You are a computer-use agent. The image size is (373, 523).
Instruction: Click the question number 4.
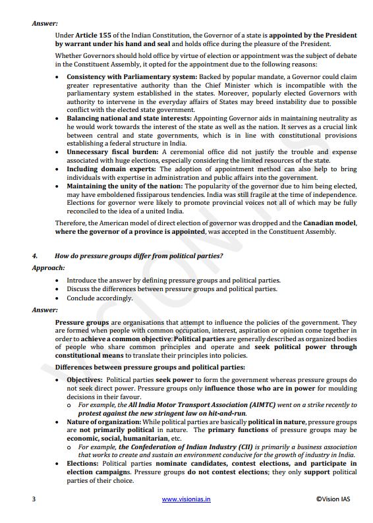(x=34, y=255)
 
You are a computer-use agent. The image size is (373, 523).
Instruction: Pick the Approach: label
(x=48, y=268)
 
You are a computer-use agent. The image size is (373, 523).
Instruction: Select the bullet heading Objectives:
(x=84, y=380)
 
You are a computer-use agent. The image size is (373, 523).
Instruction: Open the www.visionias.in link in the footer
(x=186, y=499)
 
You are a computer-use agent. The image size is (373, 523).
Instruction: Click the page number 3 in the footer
(x=34, y=499)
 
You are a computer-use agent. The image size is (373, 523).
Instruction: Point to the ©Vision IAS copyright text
(x=333, y=499)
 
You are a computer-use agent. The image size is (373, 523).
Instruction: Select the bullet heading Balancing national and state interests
(x=129, y=118)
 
